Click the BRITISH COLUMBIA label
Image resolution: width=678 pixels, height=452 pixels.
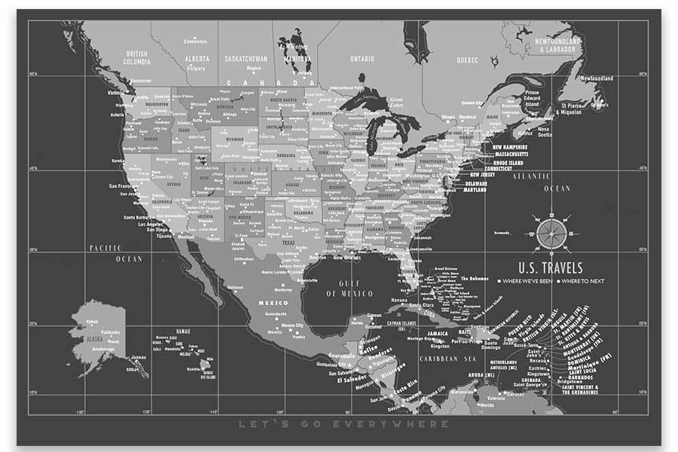pyautogui.click(x=136, y=57)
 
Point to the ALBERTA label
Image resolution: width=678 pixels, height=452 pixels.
pyautogui.click(x=197, y=58)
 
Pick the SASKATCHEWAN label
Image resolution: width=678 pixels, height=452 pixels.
pyautogui.click(x=246, y=58)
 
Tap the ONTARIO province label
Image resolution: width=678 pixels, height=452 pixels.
pyautogui.click(x=362, y=58)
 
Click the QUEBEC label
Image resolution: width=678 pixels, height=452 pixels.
pyautogui.click(x=468, y=59)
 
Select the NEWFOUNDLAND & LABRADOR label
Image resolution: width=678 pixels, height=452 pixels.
pyautogui.click(x=558, y=44)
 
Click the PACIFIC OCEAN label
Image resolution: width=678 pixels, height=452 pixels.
pyautogui.click(x=116, y=253)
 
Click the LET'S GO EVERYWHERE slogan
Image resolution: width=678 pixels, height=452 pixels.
pyautogui.click(x=343, y=424)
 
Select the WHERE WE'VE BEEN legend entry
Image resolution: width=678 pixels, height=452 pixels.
pyautogui.click(x=526, y=281)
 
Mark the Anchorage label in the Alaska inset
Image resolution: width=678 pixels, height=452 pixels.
pyautogui.click(x=102, y=349)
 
